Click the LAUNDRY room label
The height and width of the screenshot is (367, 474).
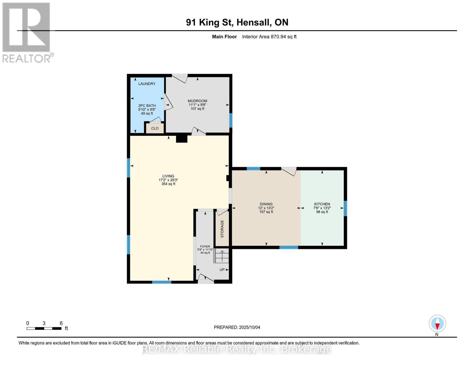coord(147,84)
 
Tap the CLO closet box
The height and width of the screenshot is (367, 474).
coord(155,128)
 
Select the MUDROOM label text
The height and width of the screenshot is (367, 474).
coord(197,101)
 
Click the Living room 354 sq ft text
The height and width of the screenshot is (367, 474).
coord(168,184)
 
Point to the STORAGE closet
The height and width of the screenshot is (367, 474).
coord(222,228)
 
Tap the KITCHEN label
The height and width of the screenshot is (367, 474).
coord(322,204)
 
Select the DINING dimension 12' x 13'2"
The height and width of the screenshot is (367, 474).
coord(266,208)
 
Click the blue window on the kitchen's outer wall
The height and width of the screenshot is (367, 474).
coord(345,208)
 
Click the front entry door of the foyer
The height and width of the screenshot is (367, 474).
coord(206,279)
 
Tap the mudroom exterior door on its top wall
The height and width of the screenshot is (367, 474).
coord(180,78)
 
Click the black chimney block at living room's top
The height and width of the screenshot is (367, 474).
coord(182,139)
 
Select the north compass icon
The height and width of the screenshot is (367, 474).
coord(437,324)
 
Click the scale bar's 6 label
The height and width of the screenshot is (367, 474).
coord(61,323)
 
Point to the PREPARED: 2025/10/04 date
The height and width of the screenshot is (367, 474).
coord(237,327)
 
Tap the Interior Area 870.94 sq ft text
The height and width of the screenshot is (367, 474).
coord(269,37)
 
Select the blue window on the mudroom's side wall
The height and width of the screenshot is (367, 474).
coord(231,120)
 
